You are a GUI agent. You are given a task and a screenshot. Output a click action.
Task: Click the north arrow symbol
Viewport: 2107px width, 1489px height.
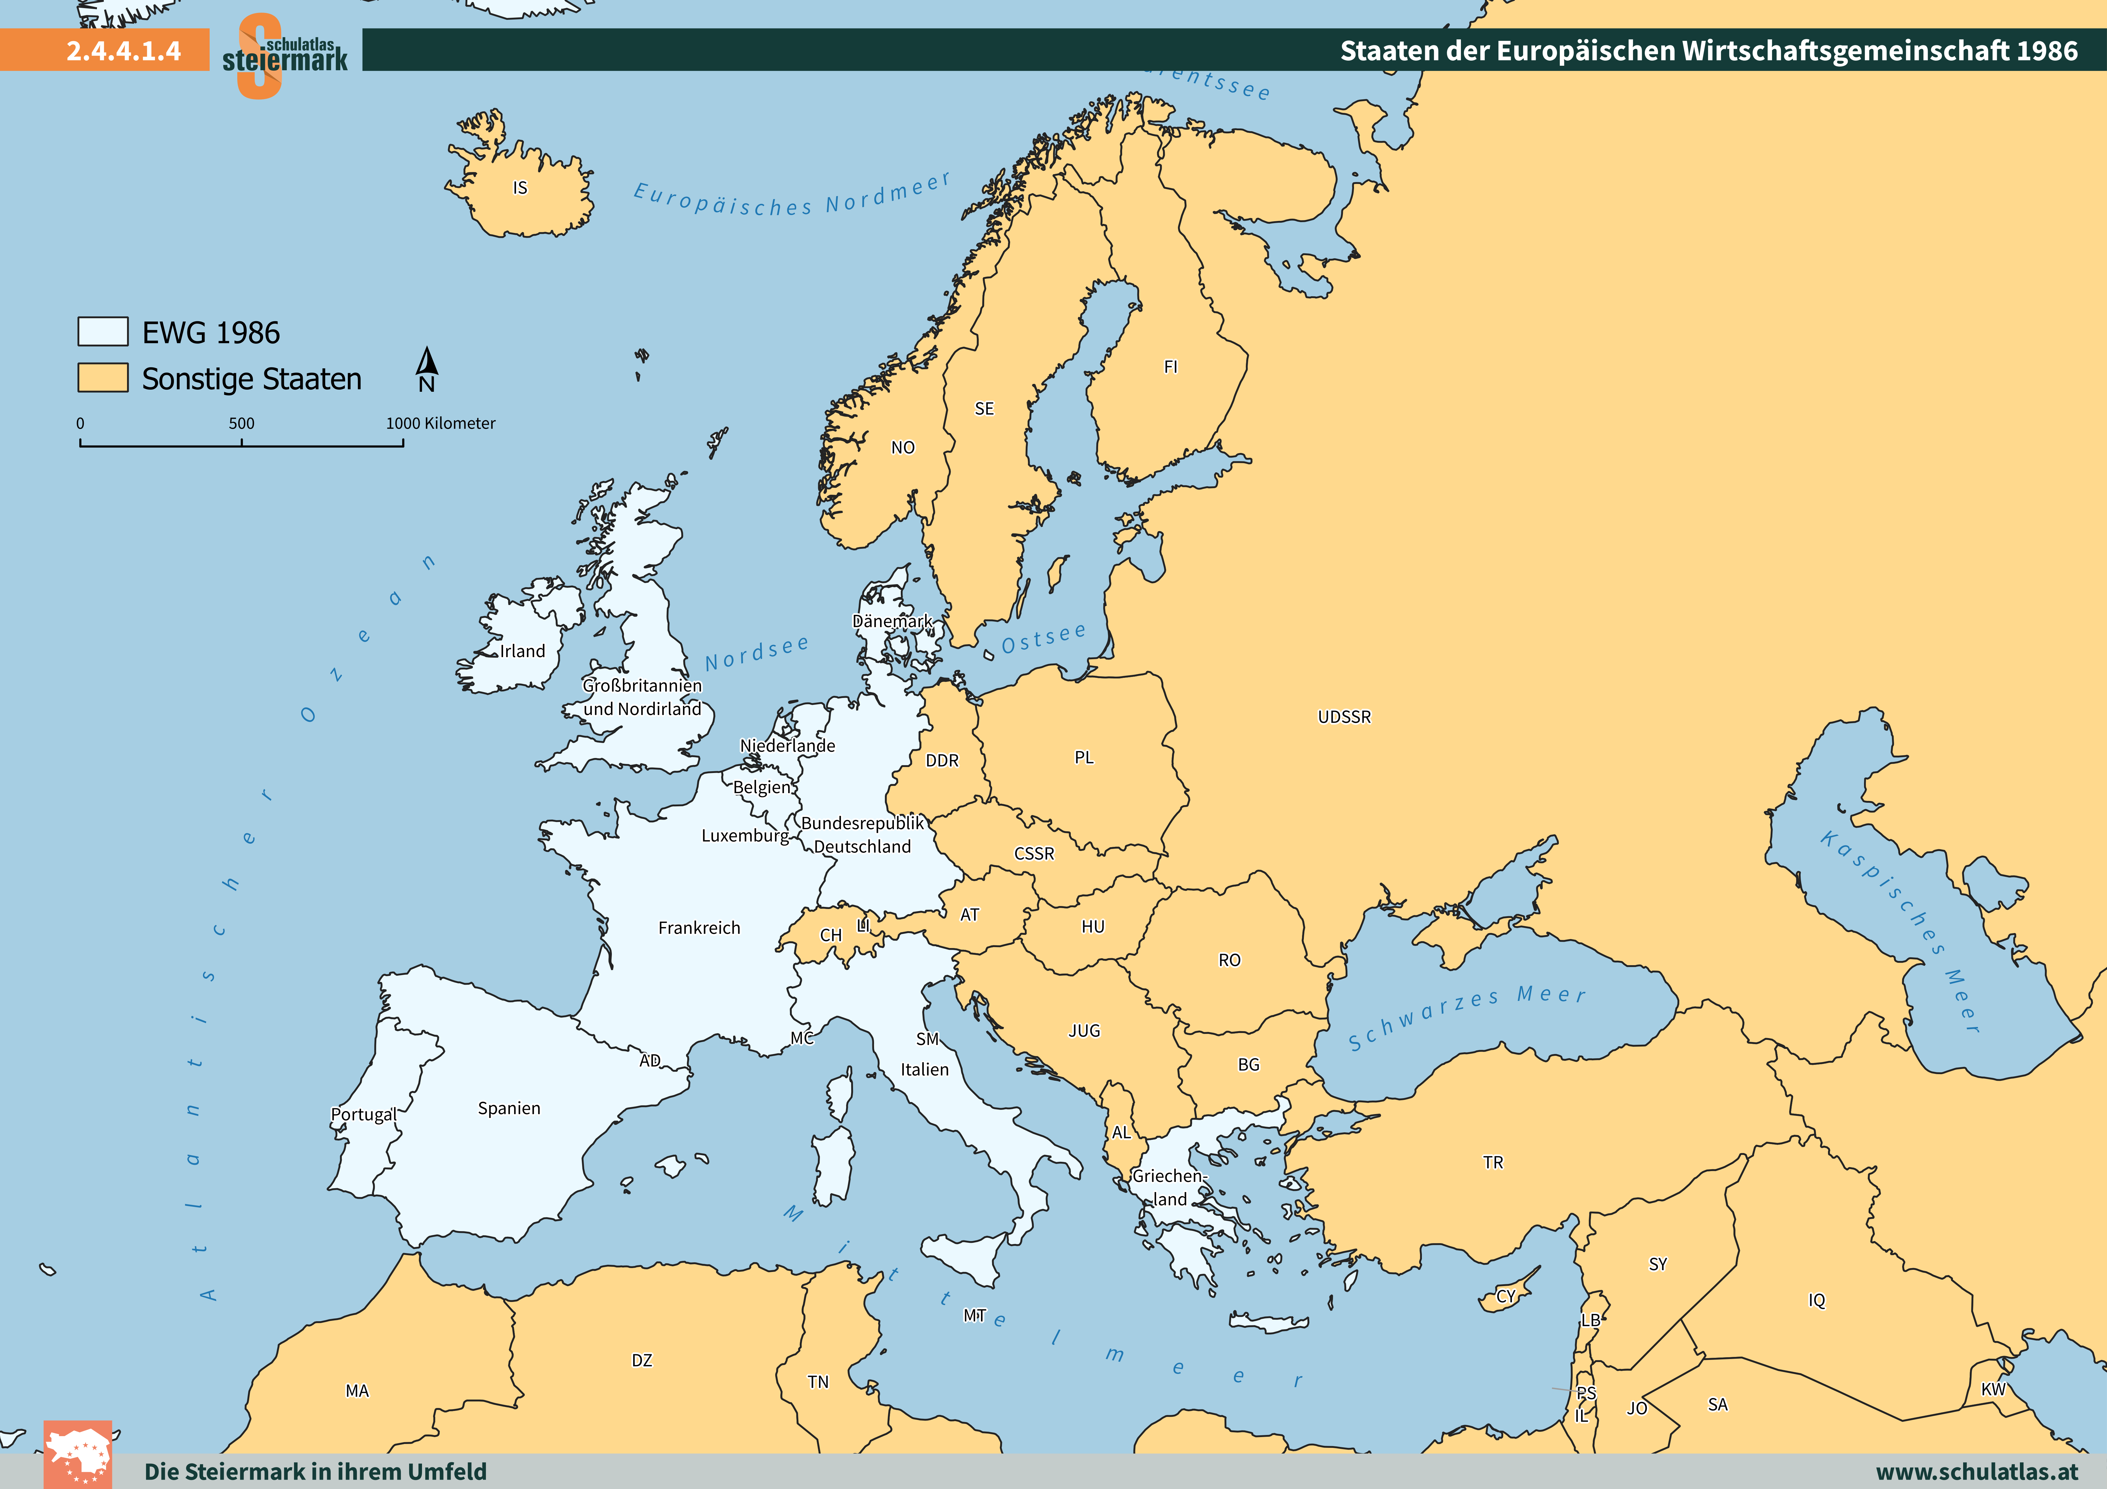click(427, 367)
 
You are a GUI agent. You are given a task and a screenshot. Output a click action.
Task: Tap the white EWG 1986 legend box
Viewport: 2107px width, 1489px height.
click(103, 331)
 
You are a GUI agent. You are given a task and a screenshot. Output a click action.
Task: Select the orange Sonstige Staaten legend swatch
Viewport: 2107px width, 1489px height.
click(103, 378)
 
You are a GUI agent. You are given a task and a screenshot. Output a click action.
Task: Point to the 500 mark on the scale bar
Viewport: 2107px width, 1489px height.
click(241, 424)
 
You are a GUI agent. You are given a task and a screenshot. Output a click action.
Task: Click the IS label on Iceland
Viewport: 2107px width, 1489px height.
click(520, 188)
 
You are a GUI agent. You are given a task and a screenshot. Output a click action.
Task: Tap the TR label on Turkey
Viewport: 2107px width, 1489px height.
click(1493, 1162)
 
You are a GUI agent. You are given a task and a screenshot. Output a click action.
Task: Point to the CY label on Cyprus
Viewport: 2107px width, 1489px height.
click(1506, 1296)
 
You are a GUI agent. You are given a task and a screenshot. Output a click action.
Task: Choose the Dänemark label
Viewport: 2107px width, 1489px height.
click(892, 621)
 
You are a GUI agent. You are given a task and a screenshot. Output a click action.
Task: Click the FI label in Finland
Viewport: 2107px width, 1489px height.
click(1170, 367)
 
